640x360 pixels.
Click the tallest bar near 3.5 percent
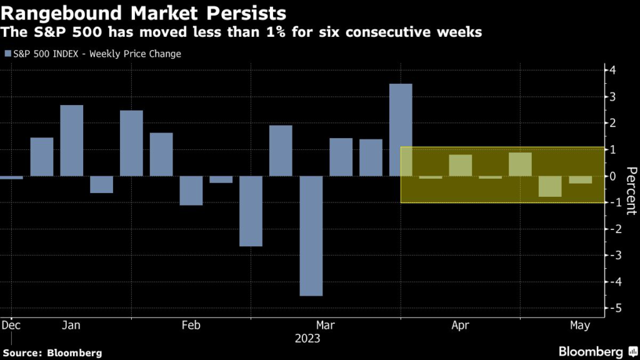(401, 129)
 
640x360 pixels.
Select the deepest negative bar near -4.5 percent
(311, 236)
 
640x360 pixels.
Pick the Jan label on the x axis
(71, 325)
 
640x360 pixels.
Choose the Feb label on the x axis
(191, 325)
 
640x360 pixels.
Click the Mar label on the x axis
(325, 325)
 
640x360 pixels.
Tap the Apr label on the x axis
(460, 325)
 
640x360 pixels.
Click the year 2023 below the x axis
(307, 339)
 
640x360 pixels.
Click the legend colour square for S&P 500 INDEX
(7, 54)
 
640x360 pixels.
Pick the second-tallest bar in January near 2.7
(72, 141)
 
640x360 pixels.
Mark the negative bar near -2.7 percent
(251, 211)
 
